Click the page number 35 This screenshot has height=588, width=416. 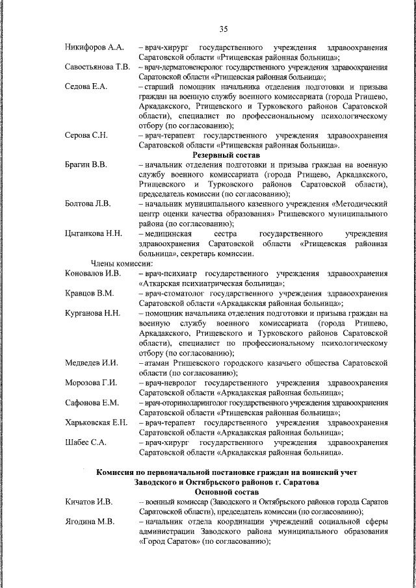(x=224, y=29)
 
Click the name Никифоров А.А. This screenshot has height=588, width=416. (x=94, y=48)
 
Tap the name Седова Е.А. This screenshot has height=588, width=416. (x=85, y=86)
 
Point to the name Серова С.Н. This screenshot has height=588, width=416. (x=86, y=135)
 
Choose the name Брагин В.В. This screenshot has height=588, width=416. (x=86, y=164)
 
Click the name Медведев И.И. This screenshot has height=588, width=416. (x=91, y=363)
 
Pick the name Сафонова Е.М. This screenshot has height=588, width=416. (x=92, y=402)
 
